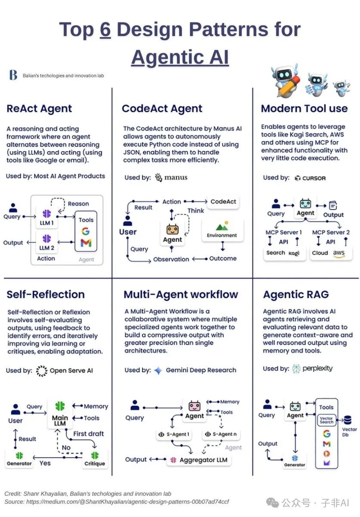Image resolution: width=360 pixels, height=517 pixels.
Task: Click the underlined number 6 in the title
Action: click(x=105, y=29)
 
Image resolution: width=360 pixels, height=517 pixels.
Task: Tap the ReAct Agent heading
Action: click(x=39, y=109)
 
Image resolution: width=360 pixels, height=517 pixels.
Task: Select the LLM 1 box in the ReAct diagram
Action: click(x=47, y=217)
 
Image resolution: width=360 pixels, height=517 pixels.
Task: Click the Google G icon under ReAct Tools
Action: click(x=86, y=231)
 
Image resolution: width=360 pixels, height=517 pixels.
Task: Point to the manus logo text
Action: click(x=176, y=178)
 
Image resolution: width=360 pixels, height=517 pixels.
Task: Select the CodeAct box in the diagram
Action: click(x=223, y=202)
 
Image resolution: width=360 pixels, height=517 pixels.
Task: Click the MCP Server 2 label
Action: click(x=331, y=232)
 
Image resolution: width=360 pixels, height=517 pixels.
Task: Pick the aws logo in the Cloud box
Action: click(x=338, y=253)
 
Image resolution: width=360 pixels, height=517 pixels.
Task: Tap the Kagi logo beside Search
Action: click(x=294, y=253)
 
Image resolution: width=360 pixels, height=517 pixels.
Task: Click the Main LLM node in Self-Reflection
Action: click(x=60, y=414)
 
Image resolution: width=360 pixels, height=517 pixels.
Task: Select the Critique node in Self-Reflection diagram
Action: click(x=95, y=459)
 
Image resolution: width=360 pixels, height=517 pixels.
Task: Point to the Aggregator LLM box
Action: click(x=199, y=460)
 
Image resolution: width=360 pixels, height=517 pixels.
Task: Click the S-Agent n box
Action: click(x=221, y=434)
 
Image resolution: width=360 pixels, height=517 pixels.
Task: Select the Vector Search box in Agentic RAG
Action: click(x=326, y=420)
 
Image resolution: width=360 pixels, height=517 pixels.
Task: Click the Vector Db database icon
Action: click(x=348, y=420)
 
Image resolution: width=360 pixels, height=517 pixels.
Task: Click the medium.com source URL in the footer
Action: click(x=127, y=501)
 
